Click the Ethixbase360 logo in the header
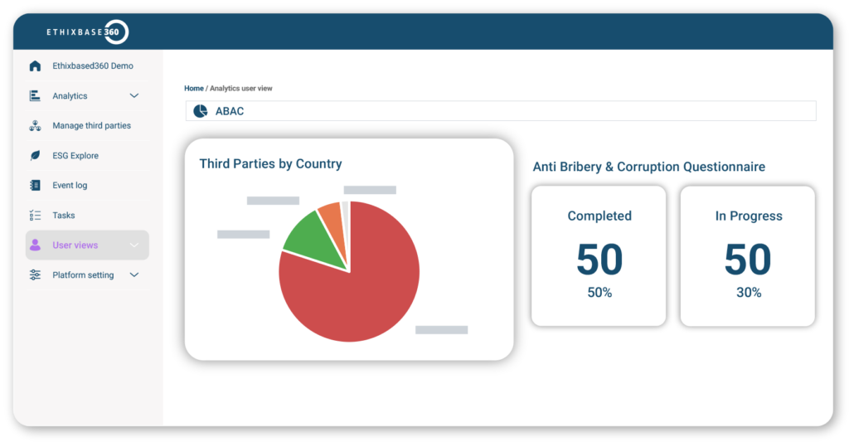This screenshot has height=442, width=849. pos(87,32)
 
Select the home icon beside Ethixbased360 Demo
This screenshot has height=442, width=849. pos(35,66)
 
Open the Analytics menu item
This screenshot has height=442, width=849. pos(70,96)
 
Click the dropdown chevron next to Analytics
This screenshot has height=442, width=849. pos(134,96)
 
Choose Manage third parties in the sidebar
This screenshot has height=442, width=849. pos(91,126)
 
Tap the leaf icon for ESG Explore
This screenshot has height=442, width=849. pos(35,156)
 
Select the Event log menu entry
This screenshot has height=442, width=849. pos(70,186)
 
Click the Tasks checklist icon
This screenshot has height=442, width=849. pos(35,216)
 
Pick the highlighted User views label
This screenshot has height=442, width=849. pos(75,245)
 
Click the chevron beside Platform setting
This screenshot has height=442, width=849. pos(134,275)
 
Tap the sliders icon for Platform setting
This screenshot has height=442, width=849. pos(35,275)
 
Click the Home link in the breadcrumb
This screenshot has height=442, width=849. pos(193,88)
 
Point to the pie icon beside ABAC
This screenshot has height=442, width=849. pos(200,111)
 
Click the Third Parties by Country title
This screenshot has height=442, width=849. pos(270,164)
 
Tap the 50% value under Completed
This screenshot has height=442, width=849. pos(599,293)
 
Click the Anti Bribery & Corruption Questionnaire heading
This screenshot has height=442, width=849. pos(648,167)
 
